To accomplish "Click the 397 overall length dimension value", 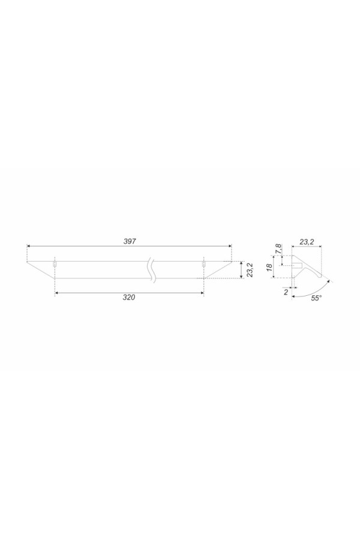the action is point(130,241).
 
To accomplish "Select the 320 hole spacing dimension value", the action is point(129,298).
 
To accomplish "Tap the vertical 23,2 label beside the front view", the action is point(250,270).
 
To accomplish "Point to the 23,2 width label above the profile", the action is point(306,242).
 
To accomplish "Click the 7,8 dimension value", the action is point(278,248).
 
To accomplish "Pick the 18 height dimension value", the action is point(270,266).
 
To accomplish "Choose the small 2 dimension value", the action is point(286,292).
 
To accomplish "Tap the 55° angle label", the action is point(317,298).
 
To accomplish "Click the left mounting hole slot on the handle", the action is point(55,264).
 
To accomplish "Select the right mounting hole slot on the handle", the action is point(203,264).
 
